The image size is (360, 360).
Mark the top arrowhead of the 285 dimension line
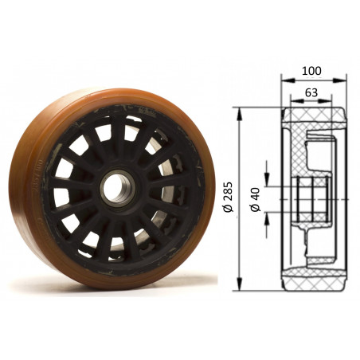coord(239,110)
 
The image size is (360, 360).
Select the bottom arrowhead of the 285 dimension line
coord(239,284)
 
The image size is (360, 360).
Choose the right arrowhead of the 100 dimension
coord(345,80)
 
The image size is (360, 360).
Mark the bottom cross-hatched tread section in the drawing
coord(315,272)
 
